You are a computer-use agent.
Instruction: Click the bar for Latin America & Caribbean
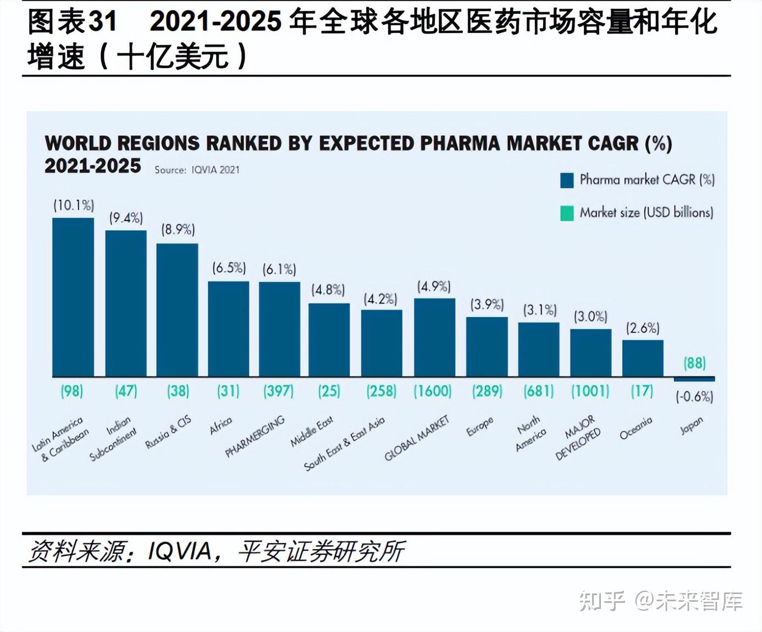73,297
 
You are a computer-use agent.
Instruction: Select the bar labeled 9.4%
126,303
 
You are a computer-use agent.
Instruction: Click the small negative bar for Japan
694,379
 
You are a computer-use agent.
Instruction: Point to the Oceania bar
642,358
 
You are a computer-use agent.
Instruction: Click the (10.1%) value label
74,206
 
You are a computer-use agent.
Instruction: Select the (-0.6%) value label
694,396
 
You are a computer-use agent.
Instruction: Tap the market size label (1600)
433,391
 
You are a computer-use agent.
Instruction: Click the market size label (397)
278,391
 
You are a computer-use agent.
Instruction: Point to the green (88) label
694,363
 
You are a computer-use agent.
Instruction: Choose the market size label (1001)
590,391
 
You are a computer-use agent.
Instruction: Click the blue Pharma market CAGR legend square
566,180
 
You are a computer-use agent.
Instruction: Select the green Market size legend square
566,213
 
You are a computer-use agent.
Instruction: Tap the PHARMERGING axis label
255,436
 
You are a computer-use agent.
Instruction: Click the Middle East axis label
312,431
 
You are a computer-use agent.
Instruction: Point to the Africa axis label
221,425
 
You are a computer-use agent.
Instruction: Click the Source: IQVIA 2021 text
197,170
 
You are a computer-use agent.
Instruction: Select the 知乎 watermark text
602,601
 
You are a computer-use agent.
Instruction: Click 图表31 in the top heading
72,22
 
